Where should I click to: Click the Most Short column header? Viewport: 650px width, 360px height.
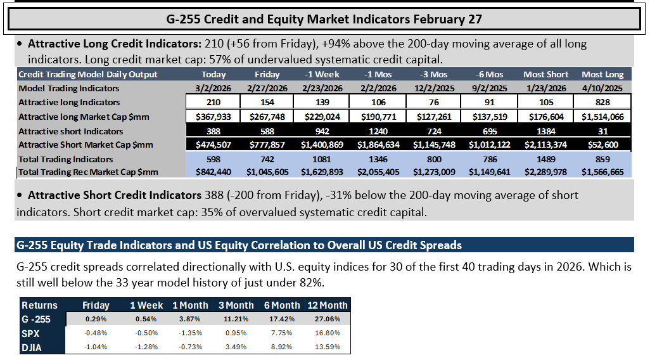point(545,75)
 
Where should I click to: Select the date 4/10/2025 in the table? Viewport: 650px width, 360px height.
point(602,88)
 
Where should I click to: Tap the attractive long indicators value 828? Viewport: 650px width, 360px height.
point(602,103)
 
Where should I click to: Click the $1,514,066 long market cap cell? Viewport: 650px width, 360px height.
point(602,117)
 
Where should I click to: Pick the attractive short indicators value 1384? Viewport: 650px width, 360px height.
point(546,131)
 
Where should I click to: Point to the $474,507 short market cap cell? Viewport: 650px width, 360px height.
point(213,145)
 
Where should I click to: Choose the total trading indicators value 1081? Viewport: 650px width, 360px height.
point(322,159)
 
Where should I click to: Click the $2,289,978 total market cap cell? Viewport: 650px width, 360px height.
point(545,172)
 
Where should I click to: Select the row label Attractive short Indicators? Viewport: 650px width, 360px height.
point(71,131)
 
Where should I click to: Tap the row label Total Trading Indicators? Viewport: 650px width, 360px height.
point(65,159)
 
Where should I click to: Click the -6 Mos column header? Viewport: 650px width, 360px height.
point(489,75)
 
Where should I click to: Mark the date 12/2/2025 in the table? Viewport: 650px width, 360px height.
point(434,88)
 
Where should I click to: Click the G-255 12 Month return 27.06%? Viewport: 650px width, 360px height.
point(328,319)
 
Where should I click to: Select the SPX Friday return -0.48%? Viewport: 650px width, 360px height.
point(96,333)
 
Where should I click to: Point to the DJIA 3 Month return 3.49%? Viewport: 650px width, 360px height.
point(236,347)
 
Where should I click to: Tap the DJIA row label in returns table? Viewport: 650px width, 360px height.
point(32,347)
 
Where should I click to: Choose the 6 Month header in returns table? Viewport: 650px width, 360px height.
point(282,305)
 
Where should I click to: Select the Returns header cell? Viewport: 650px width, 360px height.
point(39,305)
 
